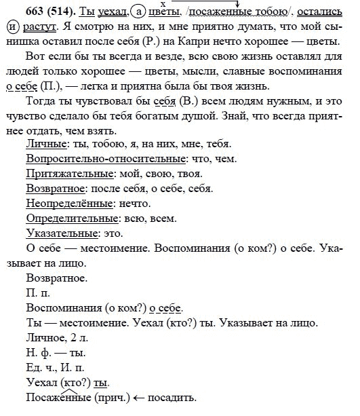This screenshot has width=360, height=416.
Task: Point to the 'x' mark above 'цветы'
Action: [x=163, y=4]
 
